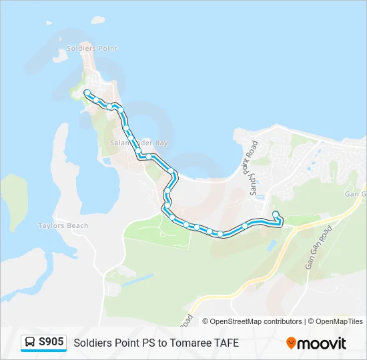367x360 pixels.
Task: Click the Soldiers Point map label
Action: tap(97, 49)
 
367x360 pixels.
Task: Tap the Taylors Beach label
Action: tap(63, 226)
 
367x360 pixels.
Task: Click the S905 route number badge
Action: tap(51, 342)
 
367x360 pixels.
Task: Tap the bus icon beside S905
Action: tap(30, 343)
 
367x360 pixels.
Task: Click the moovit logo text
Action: tap(322, 343)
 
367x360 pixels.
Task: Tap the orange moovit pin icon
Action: tap(291, 343)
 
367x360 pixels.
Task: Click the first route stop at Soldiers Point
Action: tap(87, 93)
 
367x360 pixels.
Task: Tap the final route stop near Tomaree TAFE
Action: tap(276, 214)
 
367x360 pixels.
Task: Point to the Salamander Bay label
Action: tap(138, 143)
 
